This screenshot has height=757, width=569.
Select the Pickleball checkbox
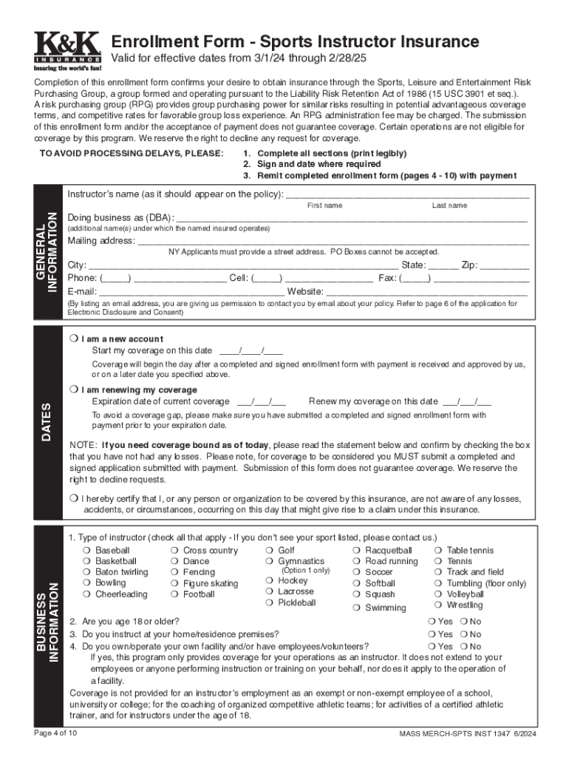[x=270, y=603]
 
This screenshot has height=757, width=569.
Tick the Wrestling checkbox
[x=439, y=605]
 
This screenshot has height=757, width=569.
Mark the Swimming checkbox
[x=357, y=608]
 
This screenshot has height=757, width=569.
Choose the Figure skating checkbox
[x=174, y=584]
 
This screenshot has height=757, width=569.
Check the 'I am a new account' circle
[x=73, y=339]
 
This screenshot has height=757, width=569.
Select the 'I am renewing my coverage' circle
[x=73, y=390]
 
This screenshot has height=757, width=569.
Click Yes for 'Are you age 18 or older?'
[x=432, y=622]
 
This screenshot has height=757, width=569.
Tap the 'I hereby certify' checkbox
[x=73, y=498]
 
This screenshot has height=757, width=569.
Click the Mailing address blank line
[x=333, y=242]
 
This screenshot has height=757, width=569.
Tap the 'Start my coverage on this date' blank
[x=251, y=351]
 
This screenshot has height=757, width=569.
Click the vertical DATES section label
[x=47, y=423]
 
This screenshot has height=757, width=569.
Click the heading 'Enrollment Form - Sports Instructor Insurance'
[x=294, y=42]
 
